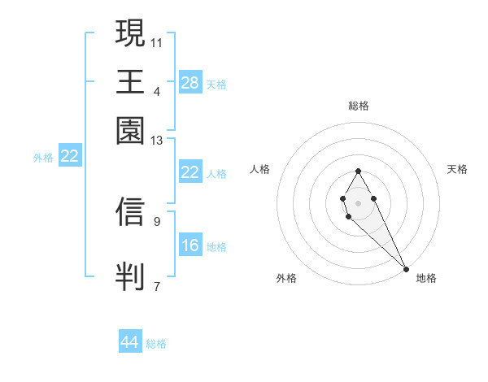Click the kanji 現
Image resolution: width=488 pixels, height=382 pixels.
tap(130, 34)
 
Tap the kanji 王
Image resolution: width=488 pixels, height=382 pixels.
tap(130, 81)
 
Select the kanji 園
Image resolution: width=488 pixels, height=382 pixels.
tap(130, 130)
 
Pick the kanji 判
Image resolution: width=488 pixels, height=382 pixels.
tap(130, 275)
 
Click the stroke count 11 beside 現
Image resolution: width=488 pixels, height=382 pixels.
tap(157, 41)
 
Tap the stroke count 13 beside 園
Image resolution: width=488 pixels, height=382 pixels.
tap(157, 141)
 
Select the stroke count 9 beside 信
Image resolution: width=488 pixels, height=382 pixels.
tap(157, 220)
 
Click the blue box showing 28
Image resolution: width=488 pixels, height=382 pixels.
tap(190, 82)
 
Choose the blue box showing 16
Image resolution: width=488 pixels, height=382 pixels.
tap(190, 245)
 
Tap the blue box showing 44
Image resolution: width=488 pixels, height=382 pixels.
tap(129, 342)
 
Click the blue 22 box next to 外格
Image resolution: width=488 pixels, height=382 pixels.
tap(69, 157)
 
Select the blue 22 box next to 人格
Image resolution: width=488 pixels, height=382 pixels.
tap(190, 172)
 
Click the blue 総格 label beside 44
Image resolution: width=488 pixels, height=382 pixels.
tap(156, 344)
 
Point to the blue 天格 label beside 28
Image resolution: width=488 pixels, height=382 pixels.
tap(216, 84)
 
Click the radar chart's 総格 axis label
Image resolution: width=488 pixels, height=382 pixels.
tap(358, 106)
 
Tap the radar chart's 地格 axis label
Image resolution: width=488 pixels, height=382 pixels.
tap(426, 279)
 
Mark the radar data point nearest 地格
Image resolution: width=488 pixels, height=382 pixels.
tap(406, 268)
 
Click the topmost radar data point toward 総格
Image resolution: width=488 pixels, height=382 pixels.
tap(358, 171)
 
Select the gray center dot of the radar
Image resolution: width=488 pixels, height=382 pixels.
tap(358, 202)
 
